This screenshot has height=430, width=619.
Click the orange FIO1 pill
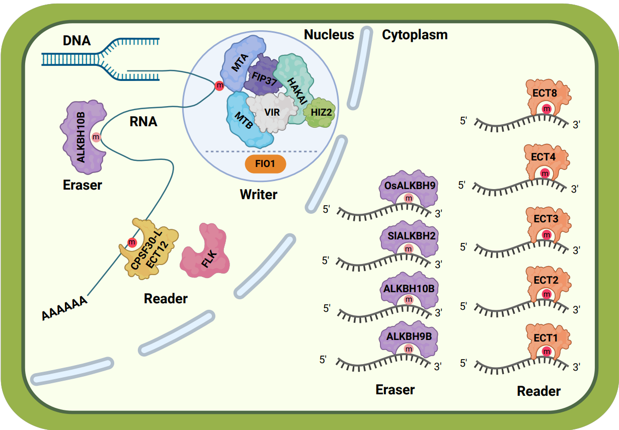[265, 164]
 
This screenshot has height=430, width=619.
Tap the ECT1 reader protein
[546, 338]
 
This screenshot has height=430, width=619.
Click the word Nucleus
[329, 34]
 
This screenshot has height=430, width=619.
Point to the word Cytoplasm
[415, 34]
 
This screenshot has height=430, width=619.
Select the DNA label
[77, 40]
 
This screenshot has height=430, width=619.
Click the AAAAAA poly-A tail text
[64, 308]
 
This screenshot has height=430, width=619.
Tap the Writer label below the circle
[259, 194]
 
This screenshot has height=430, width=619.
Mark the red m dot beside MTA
[219, 86]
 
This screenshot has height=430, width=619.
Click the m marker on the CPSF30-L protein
[132, 243]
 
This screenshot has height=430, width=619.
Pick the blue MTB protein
[243, 120]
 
